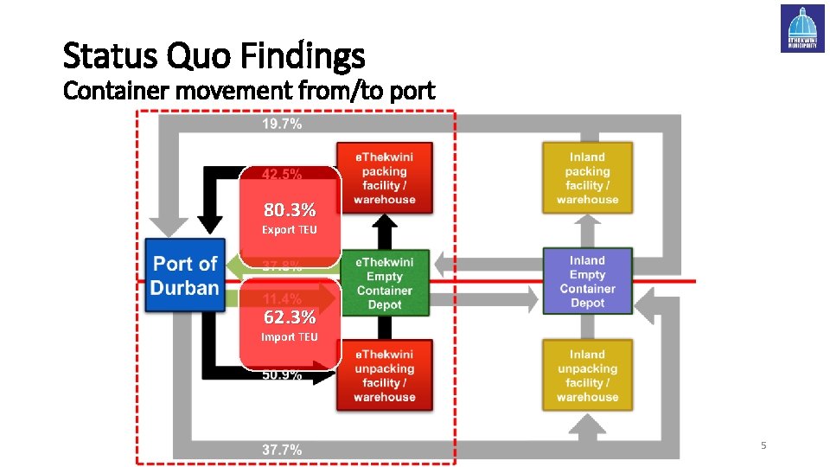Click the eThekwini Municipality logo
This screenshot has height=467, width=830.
pos(802,29)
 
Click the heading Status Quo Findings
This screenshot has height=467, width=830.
pos(214,57)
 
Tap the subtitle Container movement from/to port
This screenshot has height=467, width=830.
pos(249,90)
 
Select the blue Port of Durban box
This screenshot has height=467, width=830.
pos(185,276)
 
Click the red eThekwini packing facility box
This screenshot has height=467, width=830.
pos(384,178)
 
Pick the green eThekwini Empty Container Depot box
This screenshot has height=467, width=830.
pos(385,283)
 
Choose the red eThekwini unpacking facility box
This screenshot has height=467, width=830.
pos(384,375)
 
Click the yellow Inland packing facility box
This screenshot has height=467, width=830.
pos(587,178)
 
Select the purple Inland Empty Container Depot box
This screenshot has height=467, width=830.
pos(587,281)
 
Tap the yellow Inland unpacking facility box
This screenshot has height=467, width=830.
pos(587,375)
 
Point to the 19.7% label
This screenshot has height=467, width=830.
pos(282,124)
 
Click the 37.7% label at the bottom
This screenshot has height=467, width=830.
pos(282,450)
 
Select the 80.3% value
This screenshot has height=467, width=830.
pos(290,210)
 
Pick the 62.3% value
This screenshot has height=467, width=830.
pos(290,317)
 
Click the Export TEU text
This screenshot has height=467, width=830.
pos(290,230)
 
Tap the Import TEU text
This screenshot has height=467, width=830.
pos(290,337)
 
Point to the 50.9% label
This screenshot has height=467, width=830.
pos(282,375)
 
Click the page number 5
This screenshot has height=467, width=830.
pos(763,445)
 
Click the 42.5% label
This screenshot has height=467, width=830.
pos(282,174)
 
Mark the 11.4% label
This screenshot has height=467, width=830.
pos(282,298)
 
